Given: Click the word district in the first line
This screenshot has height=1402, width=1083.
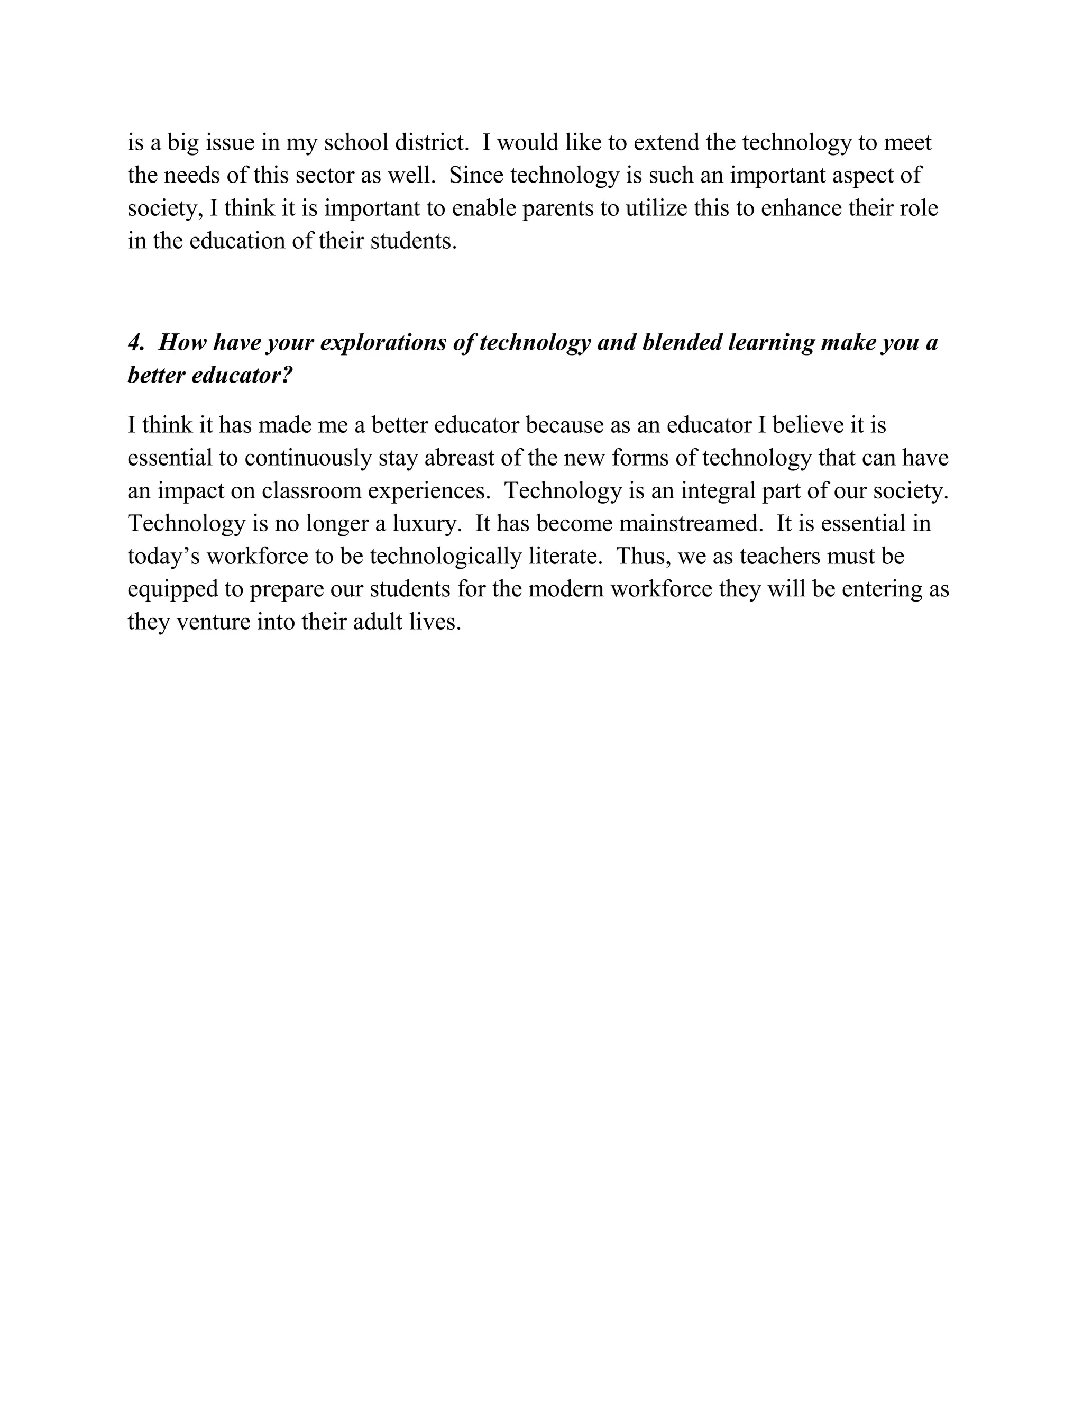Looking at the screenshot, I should tap(432, 142).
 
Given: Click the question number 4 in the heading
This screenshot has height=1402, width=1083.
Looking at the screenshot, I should tap(136, 343).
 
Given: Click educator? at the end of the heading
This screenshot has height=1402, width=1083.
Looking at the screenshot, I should tap(242, 376).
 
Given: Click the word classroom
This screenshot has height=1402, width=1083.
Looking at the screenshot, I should tap(313, 491).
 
